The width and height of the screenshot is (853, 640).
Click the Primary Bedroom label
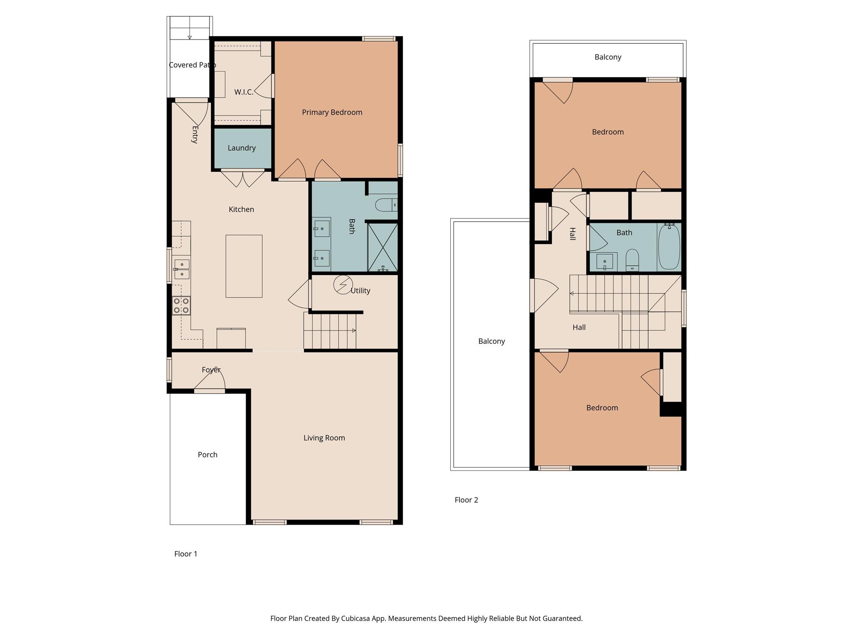point(332,112)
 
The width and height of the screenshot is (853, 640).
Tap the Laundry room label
point(242,148)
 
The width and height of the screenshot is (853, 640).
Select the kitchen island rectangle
point(244,266)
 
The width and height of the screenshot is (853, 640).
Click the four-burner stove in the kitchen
point(182,305)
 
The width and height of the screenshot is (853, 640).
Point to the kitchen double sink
point(182,269)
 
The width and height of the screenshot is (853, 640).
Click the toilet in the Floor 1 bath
point(386,205)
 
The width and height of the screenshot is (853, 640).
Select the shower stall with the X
point(383,247)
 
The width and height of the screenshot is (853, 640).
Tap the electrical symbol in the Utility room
point(343,285)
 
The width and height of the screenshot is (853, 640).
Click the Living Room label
point(324,438)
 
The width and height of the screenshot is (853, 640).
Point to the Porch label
point(207,455)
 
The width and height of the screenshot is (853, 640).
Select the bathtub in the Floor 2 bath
point(669,247)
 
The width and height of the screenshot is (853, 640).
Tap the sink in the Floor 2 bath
point(604,262)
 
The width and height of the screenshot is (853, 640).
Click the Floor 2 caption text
point(466,500)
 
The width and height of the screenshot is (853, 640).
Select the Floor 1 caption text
point(186,554)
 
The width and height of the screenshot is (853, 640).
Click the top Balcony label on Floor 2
point(608,57)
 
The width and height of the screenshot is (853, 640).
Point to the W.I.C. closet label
point(244,92)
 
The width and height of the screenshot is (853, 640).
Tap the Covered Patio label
point(192,65)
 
